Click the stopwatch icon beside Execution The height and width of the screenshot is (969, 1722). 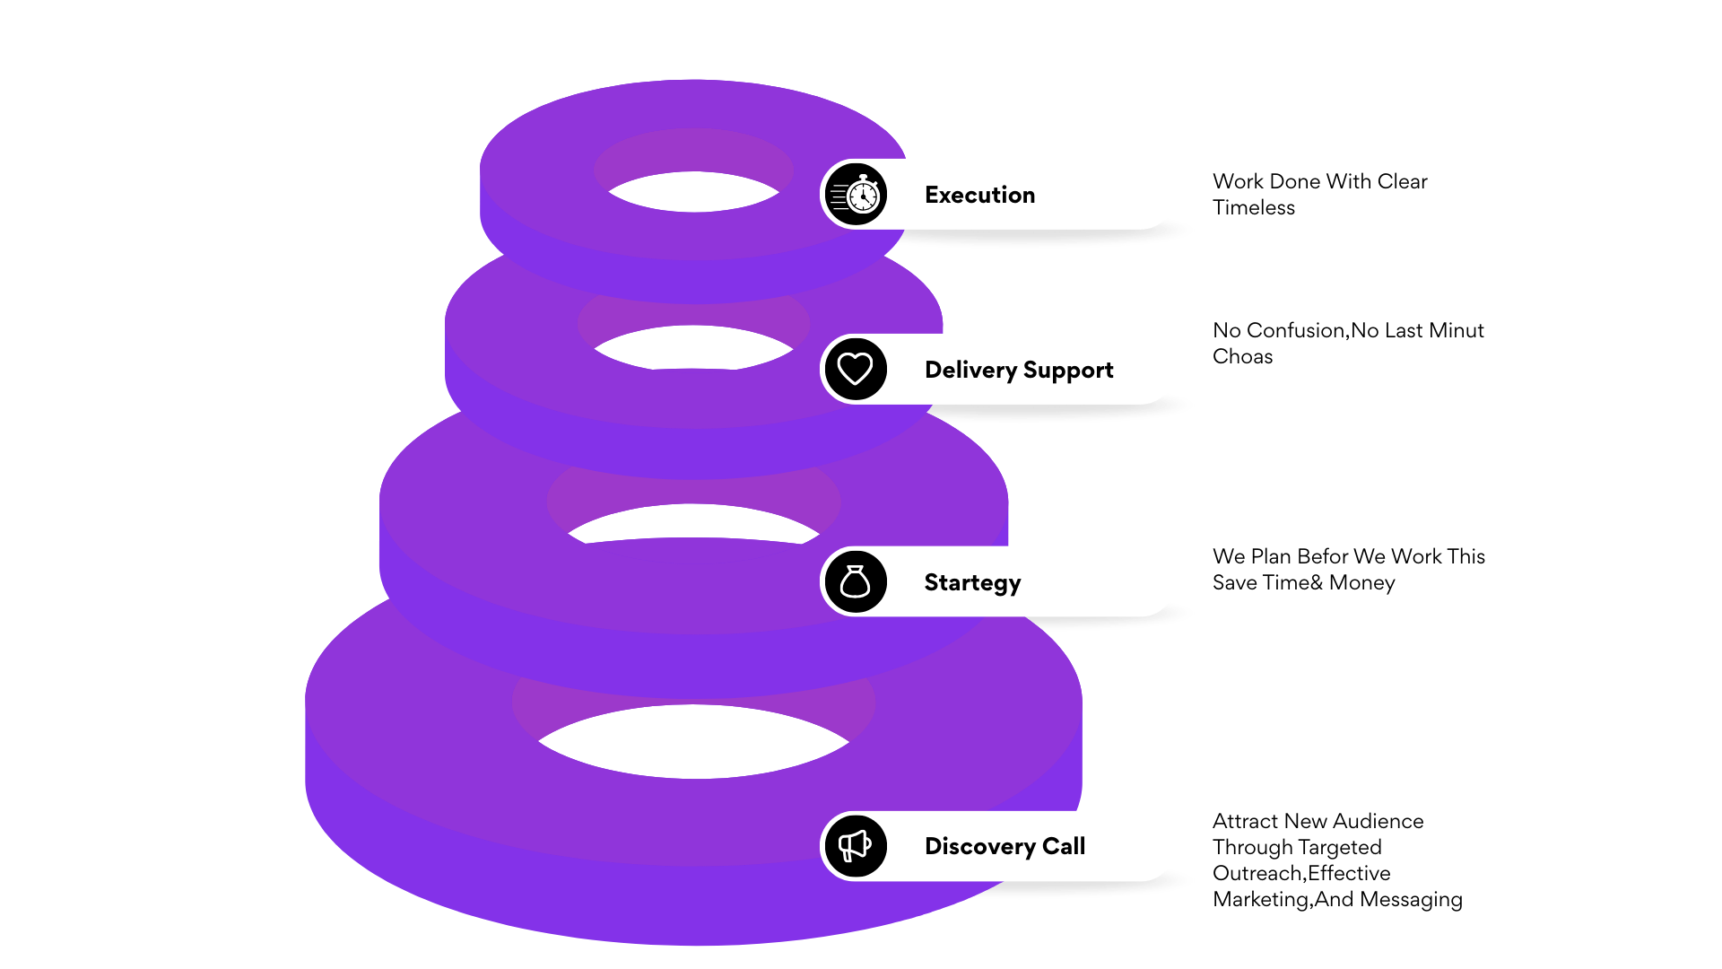click(856, 194)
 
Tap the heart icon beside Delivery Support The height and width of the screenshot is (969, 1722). click(856, 369)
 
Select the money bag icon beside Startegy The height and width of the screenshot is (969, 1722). click(856, 581)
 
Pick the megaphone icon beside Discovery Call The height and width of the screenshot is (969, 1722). click(856, 845)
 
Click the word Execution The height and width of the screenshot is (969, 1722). click(979, 195)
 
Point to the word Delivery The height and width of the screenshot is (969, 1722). click(970, 370)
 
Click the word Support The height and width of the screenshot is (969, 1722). click(1068, 371)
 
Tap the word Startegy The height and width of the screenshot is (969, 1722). click(972, 583)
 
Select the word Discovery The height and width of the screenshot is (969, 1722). click(979, 846)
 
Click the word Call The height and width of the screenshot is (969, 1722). click(1064, 846)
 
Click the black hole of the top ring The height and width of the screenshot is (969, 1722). click(693, 192)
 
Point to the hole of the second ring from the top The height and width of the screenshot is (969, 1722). click(693, 348)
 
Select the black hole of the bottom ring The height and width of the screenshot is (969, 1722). click(693, 742)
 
